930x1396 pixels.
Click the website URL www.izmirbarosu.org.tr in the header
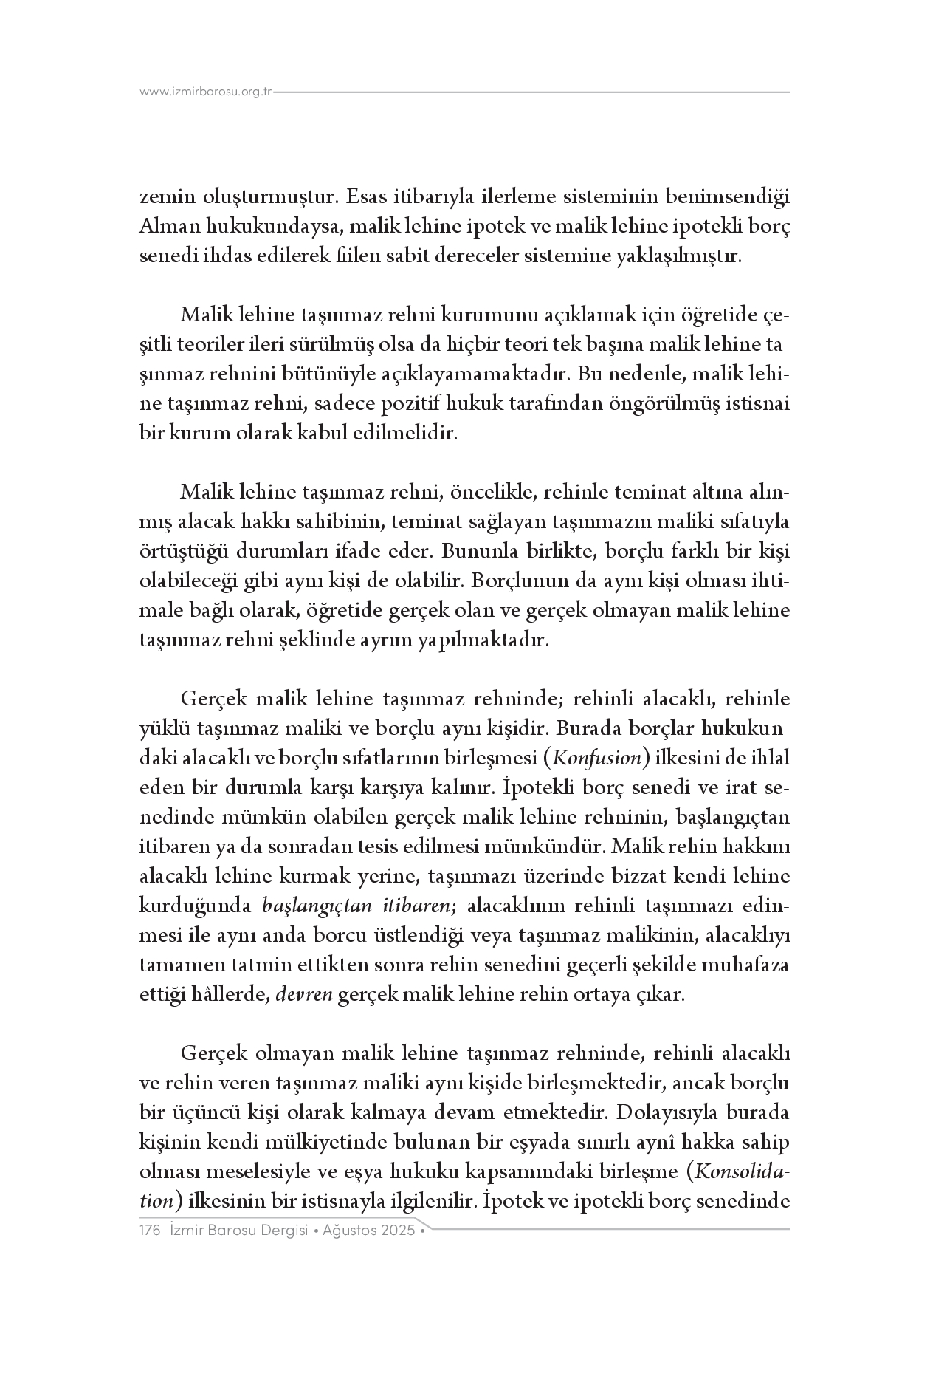pos(206,92)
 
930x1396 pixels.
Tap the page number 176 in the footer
pos(151,1231)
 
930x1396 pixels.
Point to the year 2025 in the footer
pos(398,1231)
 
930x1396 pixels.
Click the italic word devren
pos(303,994)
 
